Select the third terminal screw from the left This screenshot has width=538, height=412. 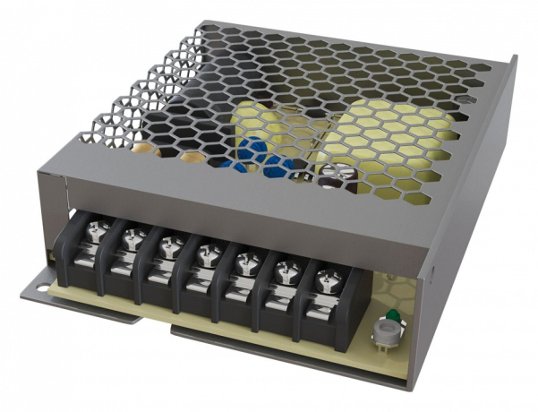pos(168,241)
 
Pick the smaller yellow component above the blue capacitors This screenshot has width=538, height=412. pos(255,125)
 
